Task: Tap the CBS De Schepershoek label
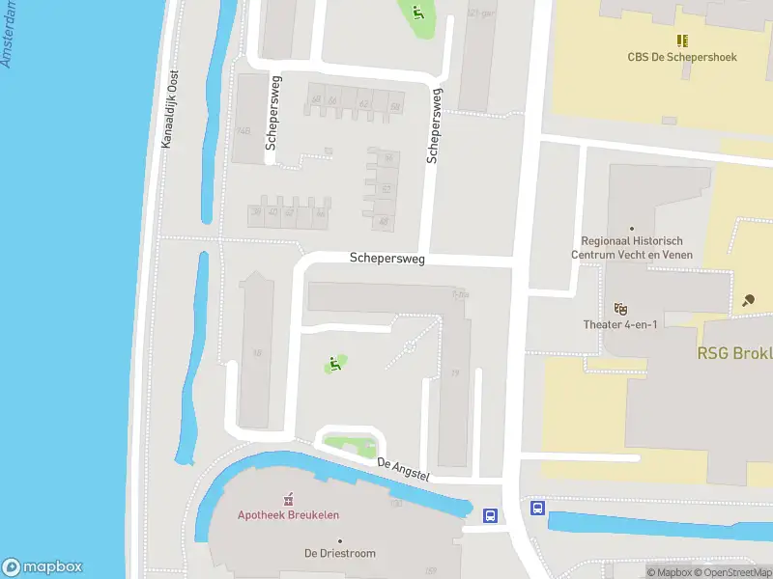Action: (682, 57)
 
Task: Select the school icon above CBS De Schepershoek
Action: (682, 41)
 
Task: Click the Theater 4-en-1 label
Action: (620, 324)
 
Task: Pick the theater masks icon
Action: (620, 308)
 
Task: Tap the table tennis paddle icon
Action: (750, 300)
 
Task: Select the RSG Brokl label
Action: (734, 353)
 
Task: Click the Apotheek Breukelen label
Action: (288, 514)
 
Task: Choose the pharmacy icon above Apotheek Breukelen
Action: (288, 499)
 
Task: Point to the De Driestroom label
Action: (340, 553)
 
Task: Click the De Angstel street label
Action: (402, 470)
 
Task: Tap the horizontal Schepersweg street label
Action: (386, 259)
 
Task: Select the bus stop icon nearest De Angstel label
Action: (491, 515)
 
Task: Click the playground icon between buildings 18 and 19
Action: (334, 364)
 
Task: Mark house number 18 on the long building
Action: (257, 353)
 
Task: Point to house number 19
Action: (454, 372)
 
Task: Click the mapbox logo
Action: (43, 567)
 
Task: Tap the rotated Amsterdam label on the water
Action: (11, 34)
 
